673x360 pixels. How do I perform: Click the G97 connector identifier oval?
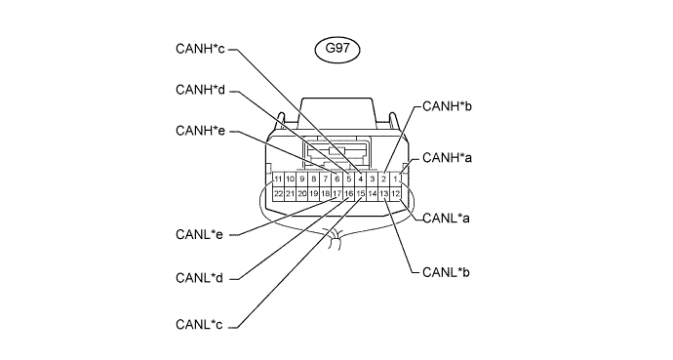tap(337, 50)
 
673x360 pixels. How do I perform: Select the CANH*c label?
tap(200, 49)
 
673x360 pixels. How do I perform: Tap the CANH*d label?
tap(201, 90)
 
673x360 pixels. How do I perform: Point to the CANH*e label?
tap(201, 131)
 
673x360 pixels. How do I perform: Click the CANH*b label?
tap(448, 106)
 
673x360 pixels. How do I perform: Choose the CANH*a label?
tap(448, 158)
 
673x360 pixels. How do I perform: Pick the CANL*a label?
tap(447, 219)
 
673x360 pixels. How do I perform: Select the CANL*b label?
tap(447, 272)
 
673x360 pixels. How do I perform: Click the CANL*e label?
tap(200, 235)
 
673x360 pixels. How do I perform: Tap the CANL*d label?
tap(200, 278)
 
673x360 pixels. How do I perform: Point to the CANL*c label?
tap(200, 324)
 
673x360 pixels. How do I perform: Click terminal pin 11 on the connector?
tap(278, 179)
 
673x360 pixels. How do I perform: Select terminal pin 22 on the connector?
tap(278, 194)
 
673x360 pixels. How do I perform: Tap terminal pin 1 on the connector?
tap(395, 179)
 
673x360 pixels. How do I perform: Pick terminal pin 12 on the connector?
tap(395, 194)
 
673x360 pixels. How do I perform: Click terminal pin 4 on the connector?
tap(361, 179)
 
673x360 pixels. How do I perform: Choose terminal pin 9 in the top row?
tap(301, 179)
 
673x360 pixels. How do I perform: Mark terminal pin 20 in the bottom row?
tap(301, 194)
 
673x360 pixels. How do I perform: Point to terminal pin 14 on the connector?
tap(373, 194)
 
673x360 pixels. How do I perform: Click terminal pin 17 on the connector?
tap(336, 194)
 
